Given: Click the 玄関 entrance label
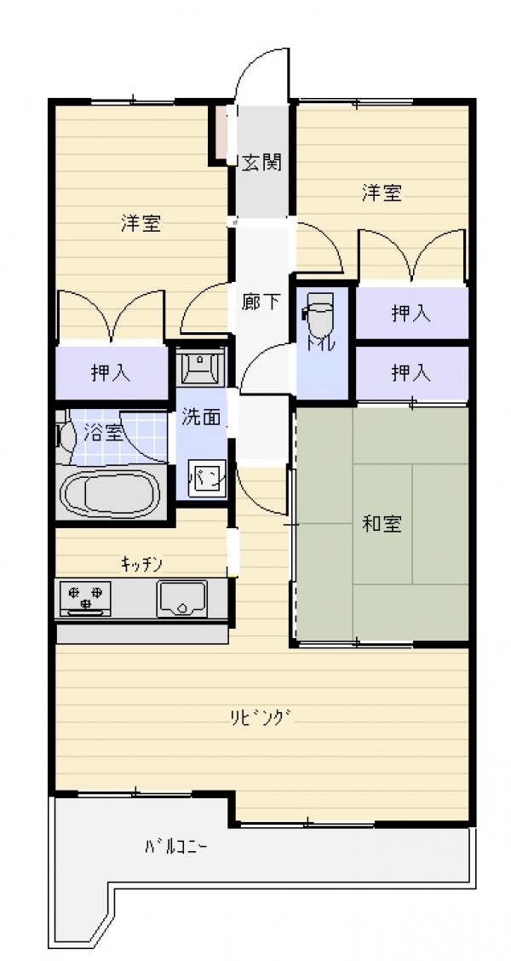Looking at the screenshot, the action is (x=261, y=163).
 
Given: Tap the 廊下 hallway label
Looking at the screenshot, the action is (x=261, y=301).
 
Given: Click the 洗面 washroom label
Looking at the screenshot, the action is (x=200, y=418).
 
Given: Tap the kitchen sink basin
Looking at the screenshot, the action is (x=182, y=598).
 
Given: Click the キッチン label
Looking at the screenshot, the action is (x=141, y=564).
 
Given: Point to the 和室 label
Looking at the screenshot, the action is (x=382, y=524).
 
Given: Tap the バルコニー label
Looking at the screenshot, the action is (x=175, y=848).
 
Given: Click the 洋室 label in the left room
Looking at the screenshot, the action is (x=141, y=223).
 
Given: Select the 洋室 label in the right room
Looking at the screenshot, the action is (x=382, y=193).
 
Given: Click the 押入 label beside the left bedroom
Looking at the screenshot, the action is (x=111, y=372).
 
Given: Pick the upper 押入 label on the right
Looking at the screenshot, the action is (x=411, y=314).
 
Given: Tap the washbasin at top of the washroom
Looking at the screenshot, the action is (x=202, y=365).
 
